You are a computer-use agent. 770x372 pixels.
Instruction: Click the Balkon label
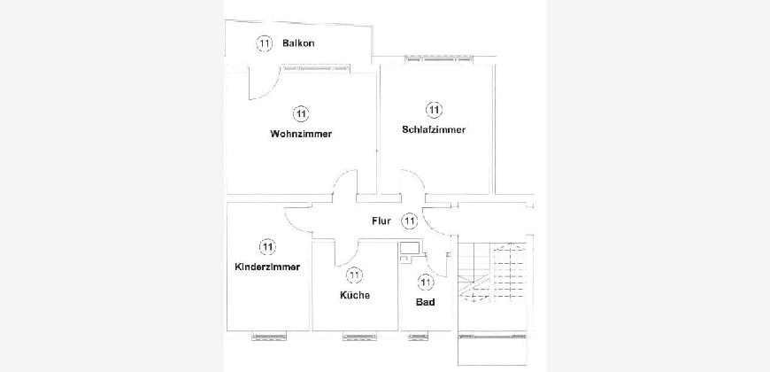(298, 43)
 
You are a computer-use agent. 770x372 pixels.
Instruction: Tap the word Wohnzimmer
(301, 134)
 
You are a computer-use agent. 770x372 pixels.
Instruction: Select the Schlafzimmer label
(433, 129)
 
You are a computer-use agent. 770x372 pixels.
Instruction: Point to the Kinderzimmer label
(267, 267)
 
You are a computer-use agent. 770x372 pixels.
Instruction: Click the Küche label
(355, 295)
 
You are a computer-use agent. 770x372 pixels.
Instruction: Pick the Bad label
(425, 302)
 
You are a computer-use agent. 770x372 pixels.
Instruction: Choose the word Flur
(381, 221)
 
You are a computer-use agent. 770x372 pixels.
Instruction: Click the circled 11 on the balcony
(265, 43)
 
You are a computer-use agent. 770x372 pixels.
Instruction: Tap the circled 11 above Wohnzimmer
(301, 114)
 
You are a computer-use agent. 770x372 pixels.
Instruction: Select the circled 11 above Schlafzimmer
(433, 110)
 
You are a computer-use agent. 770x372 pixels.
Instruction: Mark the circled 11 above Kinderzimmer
(267, 247)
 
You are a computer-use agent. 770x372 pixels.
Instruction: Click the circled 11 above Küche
(354, 275)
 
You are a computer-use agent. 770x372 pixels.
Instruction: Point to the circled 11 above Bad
(426, 282)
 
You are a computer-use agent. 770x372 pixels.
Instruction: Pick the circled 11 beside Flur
(409, 221)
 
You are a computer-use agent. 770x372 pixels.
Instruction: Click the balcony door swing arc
(265, 82)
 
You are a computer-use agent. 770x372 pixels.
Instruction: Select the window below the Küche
(361, 337)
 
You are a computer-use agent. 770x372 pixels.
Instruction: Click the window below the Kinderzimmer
(269, 337)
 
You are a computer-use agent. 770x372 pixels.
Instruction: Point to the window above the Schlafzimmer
(438, 59)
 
